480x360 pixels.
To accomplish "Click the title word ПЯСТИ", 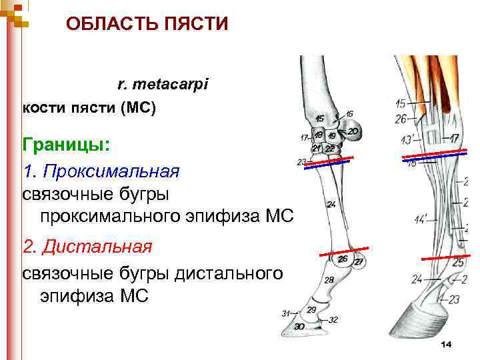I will click(x=194, y=25).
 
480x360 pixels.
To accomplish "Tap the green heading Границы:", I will click(x=67, y=144).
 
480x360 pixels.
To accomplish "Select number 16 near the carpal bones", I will click(x=349, y=114).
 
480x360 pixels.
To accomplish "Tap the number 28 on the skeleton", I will click(x=329, y=281).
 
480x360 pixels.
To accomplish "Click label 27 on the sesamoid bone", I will click(x=359, y=262).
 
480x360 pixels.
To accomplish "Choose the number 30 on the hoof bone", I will click(x=299, y=326).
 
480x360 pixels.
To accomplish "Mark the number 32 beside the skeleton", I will click(x=333, y=320).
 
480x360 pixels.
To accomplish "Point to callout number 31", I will click(x=285, y=313).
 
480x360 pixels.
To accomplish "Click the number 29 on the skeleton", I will click(x=311, y=310).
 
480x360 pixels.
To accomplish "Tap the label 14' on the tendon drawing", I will click(x=421, y=219).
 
